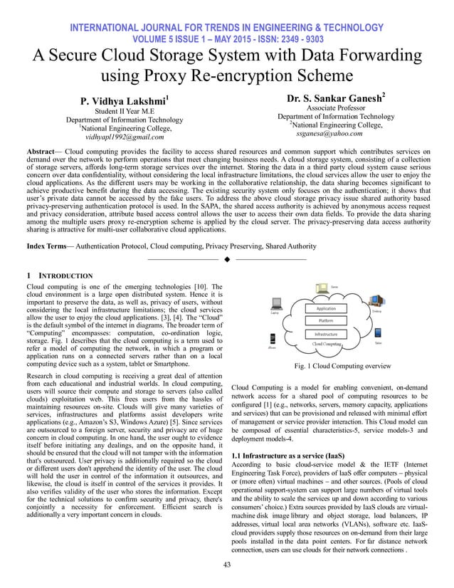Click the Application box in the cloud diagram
326,309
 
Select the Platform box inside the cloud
326,321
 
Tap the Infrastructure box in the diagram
326,334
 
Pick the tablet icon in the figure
377,337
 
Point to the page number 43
227,566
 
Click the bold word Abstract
43,152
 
